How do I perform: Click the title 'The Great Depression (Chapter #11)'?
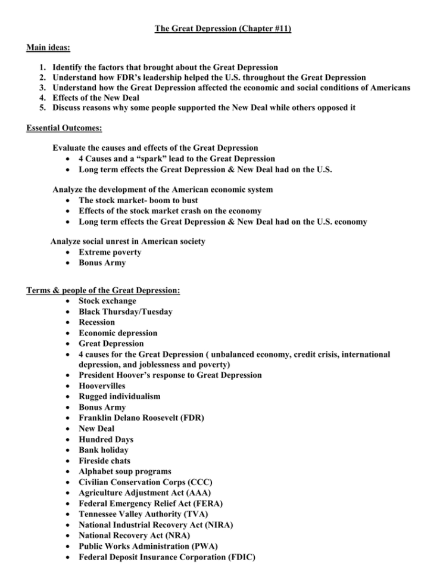[223, 28]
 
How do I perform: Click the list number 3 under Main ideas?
[42, 88]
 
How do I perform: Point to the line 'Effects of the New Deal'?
[98, 98]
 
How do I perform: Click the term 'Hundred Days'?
[106, 439]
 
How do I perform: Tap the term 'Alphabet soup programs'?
[124, 471]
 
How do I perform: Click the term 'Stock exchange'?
[107, 301]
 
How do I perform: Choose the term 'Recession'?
[96, 322]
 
